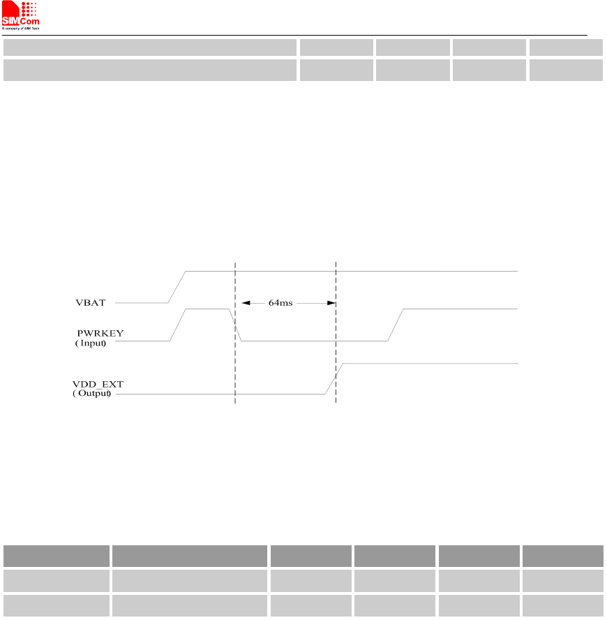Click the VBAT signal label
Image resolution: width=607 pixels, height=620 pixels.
(90, 303)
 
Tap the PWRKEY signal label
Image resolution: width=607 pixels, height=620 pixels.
(100, 333)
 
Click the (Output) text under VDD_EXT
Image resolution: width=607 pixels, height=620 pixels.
(92, 394)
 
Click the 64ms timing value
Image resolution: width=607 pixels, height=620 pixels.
(280, 303)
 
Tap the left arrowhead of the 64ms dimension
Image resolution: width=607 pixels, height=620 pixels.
(246, 303)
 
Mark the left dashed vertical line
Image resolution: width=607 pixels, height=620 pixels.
(235, 363)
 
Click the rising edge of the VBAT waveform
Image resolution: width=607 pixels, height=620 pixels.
(177, 286)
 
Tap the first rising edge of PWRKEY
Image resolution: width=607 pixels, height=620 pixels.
(178, 325)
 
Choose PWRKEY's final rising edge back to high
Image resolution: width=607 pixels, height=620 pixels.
(396, 325)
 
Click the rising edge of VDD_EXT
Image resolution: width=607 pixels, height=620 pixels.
(334, 379)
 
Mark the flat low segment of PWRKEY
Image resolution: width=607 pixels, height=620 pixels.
(314, 341)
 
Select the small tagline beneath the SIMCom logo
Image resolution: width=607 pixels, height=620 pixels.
(21, 29)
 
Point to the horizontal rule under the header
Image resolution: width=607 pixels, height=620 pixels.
(300, 35)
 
